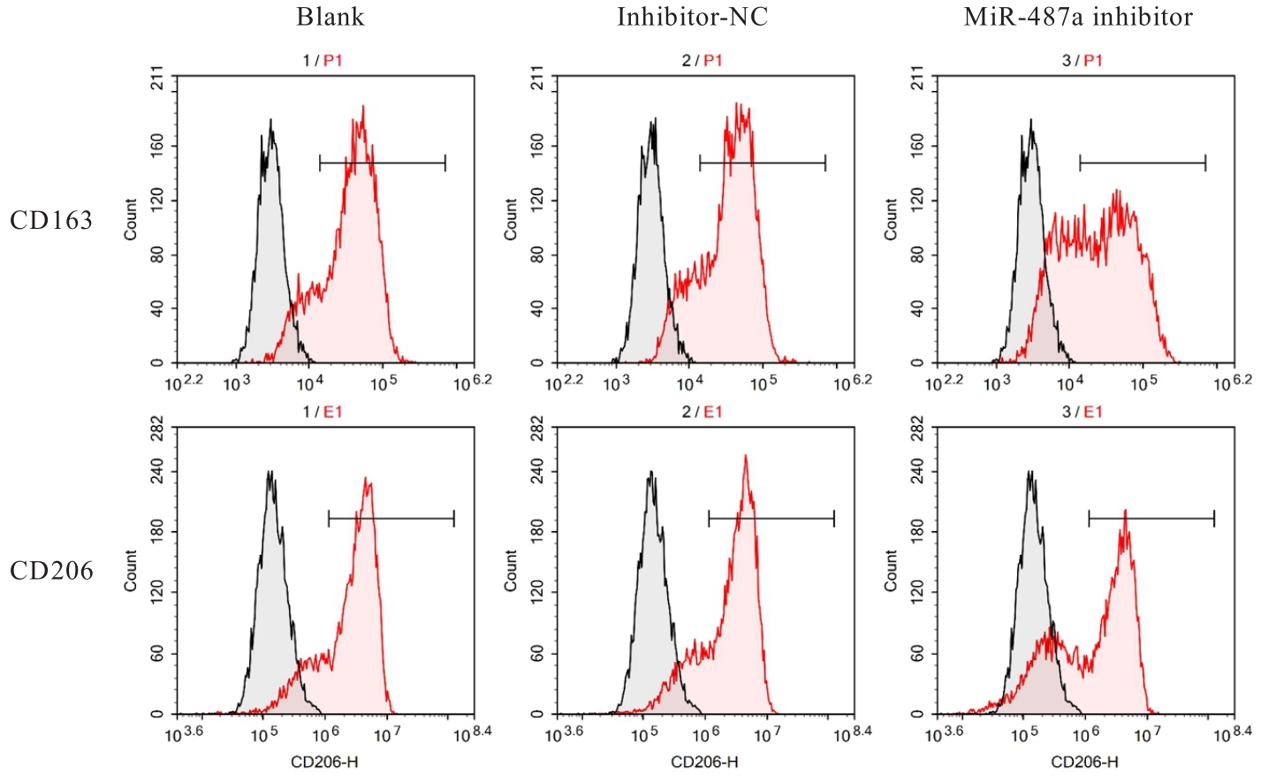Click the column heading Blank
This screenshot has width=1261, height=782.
330,17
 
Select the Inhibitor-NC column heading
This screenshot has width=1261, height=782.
692,17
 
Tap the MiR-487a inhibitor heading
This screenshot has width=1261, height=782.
1078,17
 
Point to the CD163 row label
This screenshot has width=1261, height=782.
51,220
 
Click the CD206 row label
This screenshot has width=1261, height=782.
51,571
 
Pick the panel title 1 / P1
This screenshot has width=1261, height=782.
322,60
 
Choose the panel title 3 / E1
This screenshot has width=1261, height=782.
1082,412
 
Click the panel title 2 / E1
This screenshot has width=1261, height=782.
702,412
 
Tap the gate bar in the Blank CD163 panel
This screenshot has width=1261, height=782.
382,163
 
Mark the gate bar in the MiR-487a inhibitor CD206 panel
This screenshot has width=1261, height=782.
1151,519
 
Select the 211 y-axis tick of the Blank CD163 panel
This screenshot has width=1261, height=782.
157,81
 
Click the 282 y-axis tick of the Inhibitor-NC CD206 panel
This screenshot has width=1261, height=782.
537,430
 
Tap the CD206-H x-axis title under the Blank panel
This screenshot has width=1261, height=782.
324,762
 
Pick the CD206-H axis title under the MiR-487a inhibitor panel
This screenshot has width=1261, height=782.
1084,762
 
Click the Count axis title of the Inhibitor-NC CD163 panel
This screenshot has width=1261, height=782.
511,219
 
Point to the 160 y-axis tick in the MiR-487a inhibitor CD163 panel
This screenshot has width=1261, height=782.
917,144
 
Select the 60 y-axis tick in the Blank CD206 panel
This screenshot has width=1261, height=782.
157,654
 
